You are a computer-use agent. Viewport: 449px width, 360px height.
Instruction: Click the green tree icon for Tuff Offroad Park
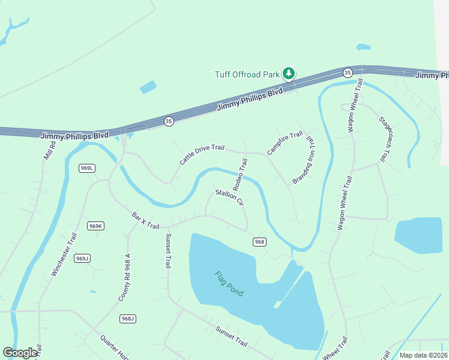289,74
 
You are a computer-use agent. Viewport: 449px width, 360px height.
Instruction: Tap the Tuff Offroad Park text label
247,74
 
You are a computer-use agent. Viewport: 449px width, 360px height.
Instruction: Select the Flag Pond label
229,283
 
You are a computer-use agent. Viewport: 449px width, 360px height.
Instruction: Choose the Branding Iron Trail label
304,160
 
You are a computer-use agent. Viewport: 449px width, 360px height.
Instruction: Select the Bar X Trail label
145,219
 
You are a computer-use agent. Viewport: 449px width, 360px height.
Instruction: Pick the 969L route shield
87,168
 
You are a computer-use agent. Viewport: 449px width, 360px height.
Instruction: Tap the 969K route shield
95,226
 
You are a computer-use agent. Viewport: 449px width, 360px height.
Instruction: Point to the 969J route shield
82,258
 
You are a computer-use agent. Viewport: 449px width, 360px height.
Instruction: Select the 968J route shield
127,318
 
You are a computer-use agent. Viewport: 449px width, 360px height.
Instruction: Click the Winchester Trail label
64,254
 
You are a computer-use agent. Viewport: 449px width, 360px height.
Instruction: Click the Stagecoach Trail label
382,139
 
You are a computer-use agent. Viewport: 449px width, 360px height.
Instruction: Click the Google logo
20,353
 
